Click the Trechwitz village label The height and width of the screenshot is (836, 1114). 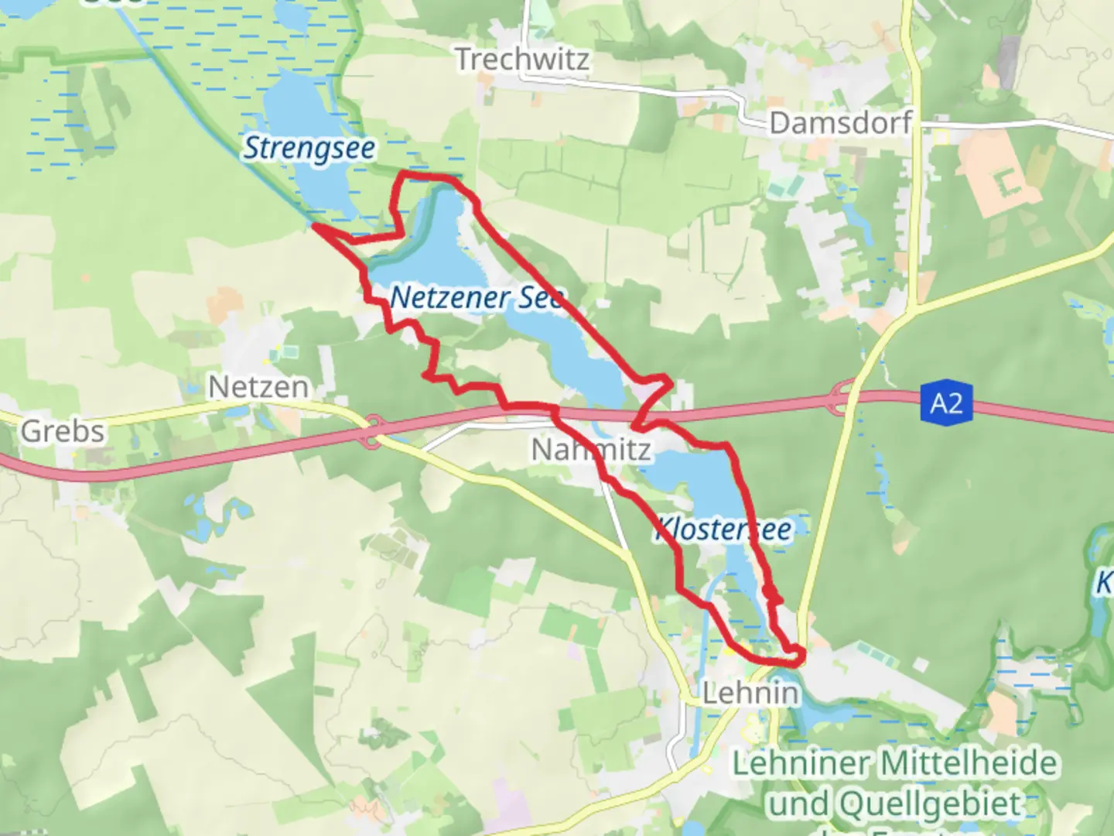pos(522,60)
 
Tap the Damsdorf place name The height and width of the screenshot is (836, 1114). pos(840,123)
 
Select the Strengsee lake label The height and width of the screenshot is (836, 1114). pos(309,148)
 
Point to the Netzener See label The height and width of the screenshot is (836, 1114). pos(477,297)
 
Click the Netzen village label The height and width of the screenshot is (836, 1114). pos(258,386)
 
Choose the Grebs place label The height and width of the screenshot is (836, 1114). pos(62,431)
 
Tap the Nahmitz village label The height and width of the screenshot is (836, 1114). pos(591,449)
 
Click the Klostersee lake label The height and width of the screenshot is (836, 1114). pos(723,530)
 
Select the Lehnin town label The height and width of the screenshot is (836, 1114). pos(750,693)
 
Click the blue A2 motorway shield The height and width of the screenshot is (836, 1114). pos(946,403)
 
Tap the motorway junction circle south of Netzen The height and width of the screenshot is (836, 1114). pos(373,431)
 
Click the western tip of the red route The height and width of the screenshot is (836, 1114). pos(315,227)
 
